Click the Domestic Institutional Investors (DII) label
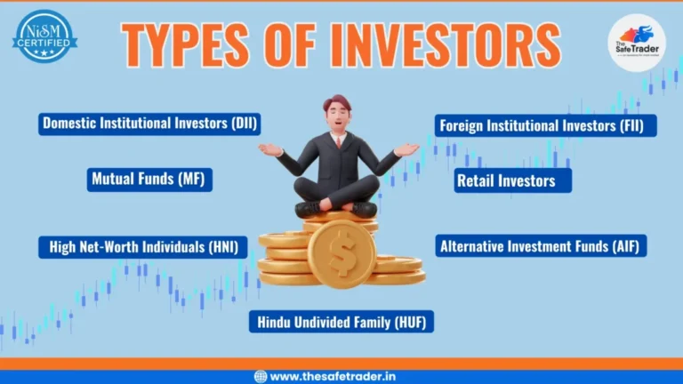click(149, 124)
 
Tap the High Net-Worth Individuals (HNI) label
click(142, 246)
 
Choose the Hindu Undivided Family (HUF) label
click(341, 321)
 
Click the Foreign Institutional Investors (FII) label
click(545, 124)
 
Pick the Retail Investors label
click(512, 180)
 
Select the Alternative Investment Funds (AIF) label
click(541, 245)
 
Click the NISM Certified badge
click(44, 36)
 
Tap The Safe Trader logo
click(636, 42)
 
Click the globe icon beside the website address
click(261, 376)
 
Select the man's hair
click(338, 102)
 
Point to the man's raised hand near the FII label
click(406, 149)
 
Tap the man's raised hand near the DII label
click(269, 148)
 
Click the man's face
click(338, 117)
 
